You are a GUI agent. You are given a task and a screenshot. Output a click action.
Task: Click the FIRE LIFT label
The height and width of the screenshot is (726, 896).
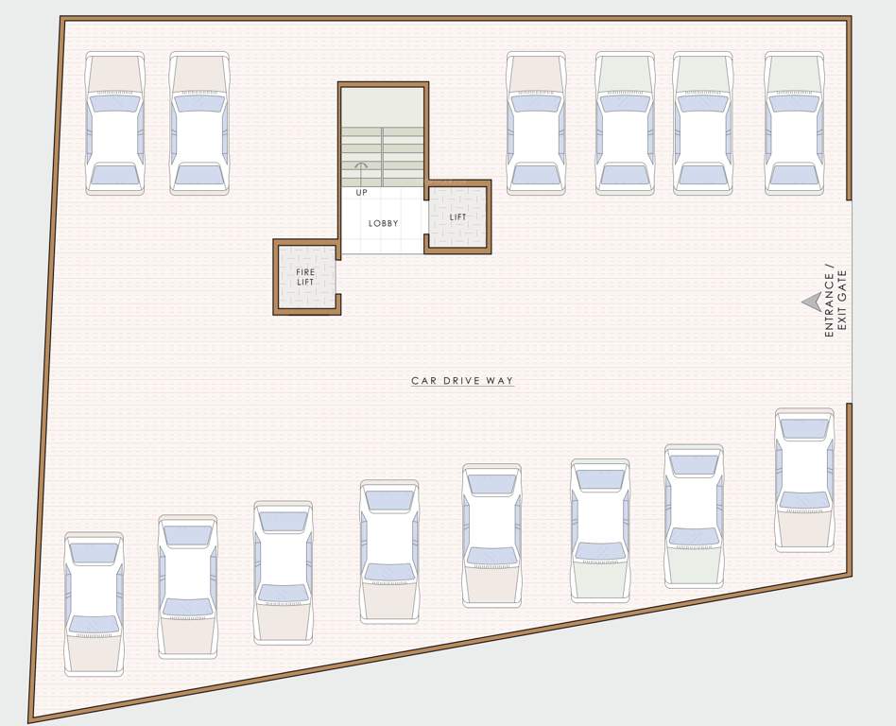pyautogui.click(x=305, y=277)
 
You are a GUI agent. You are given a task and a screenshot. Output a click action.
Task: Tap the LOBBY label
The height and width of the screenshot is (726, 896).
pyautogui.click(x=384, y=223)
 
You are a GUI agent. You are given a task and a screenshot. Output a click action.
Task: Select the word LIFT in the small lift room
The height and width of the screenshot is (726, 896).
pyautogui.click(x=458, y=217)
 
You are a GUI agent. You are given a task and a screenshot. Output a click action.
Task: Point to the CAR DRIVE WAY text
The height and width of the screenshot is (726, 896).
pyautogui.click(x=462, y=381)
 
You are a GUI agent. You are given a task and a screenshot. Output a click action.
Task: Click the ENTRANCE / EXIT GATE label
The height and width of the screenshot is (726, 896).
pyautogui.click(x=836, y=300)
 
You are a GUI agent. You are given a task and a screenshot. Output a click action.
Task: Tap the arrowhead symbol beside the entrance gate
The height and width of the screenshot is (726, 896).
pyautogui.click(x=811, y=301)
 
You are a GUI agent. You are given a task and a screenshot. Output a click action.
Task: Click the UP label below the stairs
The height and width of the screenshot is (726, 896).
pyautogui.click(x=361, y=193)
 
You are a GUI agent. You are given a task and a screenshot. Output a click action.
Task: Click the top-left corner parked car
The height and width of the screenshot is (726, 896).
pyautogui.click(x=115, y=124)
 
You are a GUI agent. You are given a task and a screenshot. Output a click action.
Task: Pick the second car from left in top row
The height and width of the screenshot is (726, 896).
pyautogui.click(x=199, y=124)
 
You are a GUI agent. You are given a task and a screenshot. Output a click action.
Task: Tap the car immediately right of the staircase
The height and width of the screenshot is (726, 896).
pyautogui.click(x=536, y=124)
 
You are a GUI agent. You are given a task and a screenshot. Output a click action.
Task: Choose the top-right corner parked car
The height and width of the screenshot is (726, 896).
pyautogui.click(x=794, y=124)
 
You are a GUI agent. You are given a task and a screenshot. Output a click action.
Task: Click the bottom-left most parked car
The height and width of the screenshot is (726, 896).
pyautogui.click(x=94, y=604)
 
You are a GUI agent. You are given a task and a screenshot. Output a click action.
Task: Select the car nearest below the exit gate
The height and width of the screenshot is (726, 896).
pyautogui.click(x=804, y=480)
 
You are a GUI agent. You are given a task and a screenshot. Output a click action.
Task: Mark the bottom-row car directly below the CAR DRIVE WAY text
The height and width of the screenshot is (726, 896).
pyautogui.click(x=491, y=535)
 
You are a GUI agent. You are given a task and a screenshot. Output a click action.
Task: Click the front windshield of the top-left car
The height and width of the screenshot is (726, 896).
pyautogui.click(x=115, y=103)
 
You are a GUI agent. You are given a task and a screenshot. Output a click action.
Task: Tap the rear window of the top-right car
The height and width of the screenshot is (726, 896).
pyautogui.click(x=794, y=174)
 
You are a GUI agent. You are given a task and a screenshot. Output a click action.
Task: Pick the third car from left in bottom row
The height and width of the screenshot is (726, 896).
pyautogui.click(x=284, y=573)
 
